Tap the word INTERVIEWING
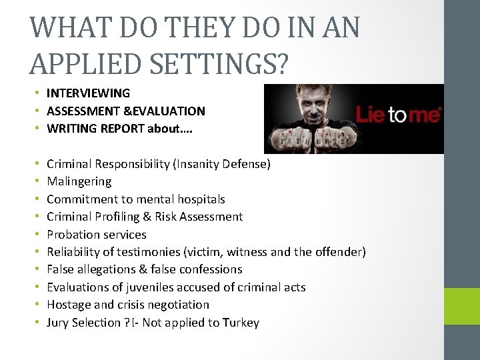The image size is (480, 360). (x=88, y=93)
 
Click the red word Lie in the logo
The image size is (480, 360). (x=371, y=115)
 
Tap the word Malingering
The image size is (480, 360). (x=79, y=181)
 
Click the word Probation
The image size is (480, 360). (x=72, y=235)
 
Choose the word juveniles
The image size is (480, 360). (x=147, y=287)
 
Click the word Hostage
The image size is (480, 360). (x=67, y=305)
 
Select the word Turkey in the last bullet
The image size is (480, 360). (x=241, y=323)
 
